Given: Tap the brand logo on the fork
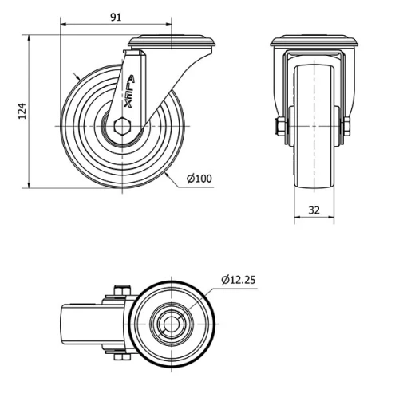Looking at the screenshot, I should pyautogui.click(x=131, y=96).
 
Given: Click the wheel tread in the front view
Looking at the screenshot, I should pyautogui.click(x=313, y=159).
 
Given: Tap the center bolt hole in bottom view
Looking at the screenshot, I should pyautogui.click(x=172, y=323).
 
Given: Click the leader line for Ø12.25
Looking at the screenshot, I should pyautogui.click(x=203, y=299).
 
